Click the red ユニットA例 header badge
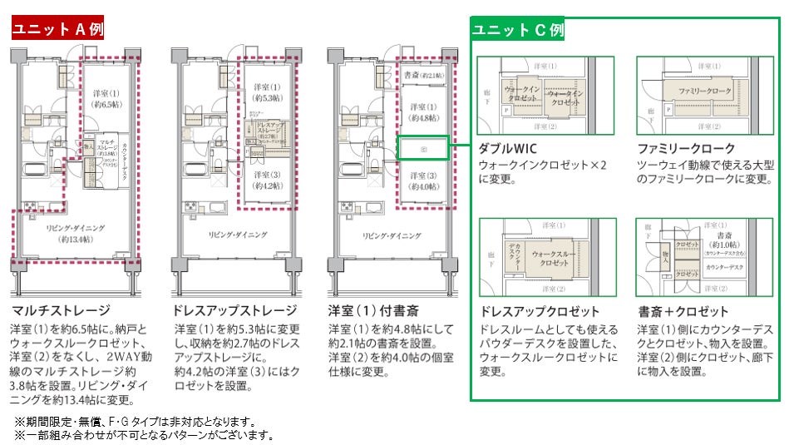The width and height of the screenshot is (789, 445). tap(57, 28)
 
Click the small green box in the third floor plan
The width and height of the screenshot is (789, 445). tap(423, 149)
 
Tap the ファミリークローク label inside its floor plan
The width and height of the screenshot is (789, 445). tap(704, 91)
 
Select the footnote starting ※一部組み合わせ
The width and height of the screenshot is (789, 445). tap(143, 434)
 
